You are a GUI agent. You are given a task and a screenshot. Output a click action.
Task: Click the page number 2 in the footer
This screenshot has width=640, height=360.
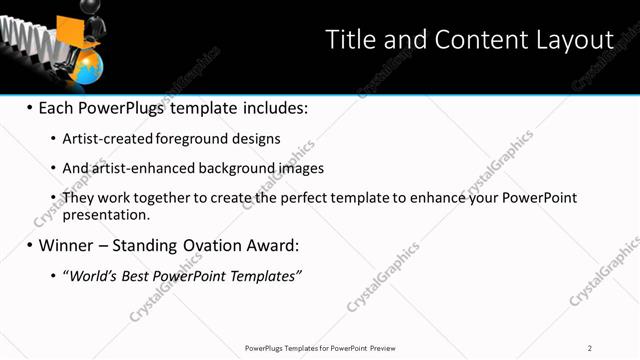point(590,348)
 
